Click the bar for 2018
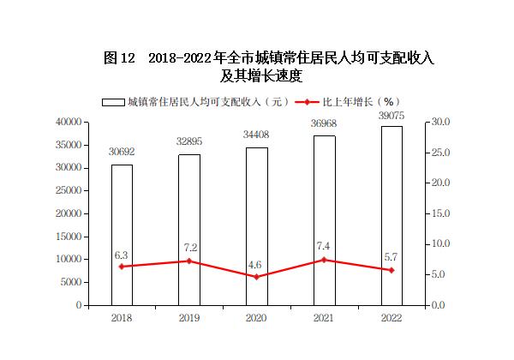click(122, 234)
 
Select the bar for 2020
click(256, 225)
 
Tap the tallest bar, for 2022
click(391, 215)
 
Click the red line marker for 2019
click(189, 261)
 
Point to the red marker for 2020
click(256, 277)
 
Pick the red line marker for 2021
click(324, 260)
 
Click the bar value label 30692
click(122, 152)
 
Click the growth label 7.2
click(190, 247)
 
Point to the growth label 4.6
click(255, 265)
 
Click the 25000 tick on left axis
click(68, 190)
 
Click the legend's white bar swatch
click(113, 103)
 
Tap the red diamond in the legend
click(306, 103)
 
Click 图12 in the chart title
click(119, 58)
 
